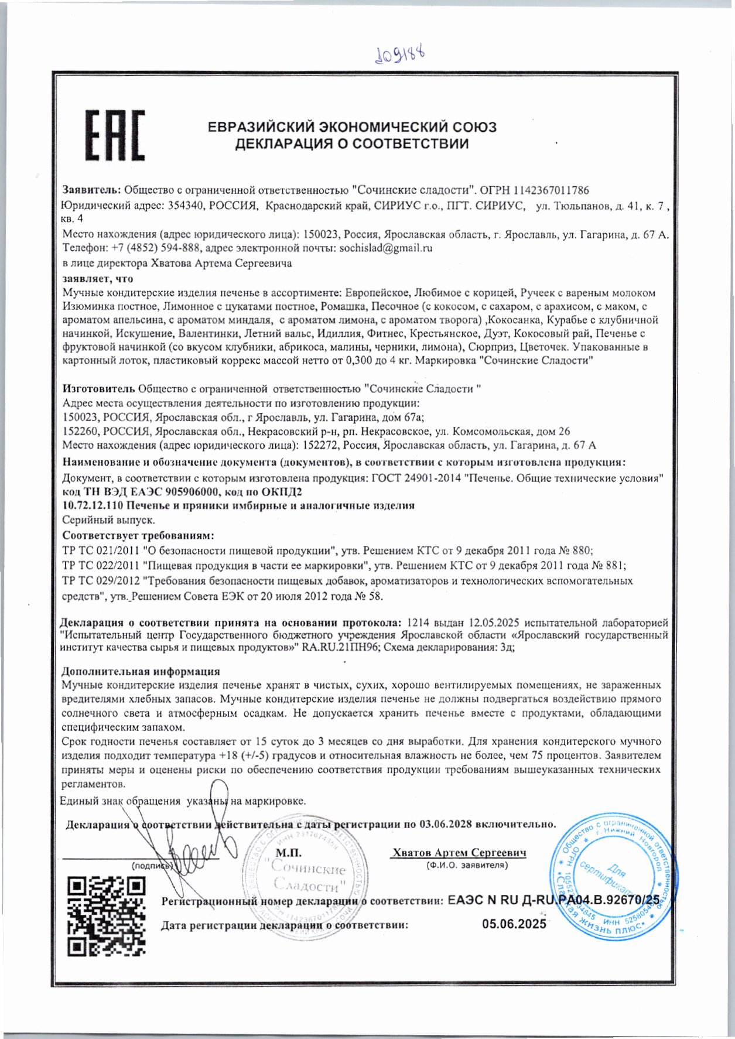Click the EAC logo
click(x=115, y=135)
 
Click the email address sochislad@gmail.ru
click(x=386, y=248)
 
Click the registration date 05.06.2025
click(x=514, y=924)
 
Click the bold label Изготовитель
click(x=99, y=388)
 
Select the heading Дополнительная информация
click(x=141, y=671)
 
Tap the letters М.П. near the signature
click(x=288, y=853)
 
